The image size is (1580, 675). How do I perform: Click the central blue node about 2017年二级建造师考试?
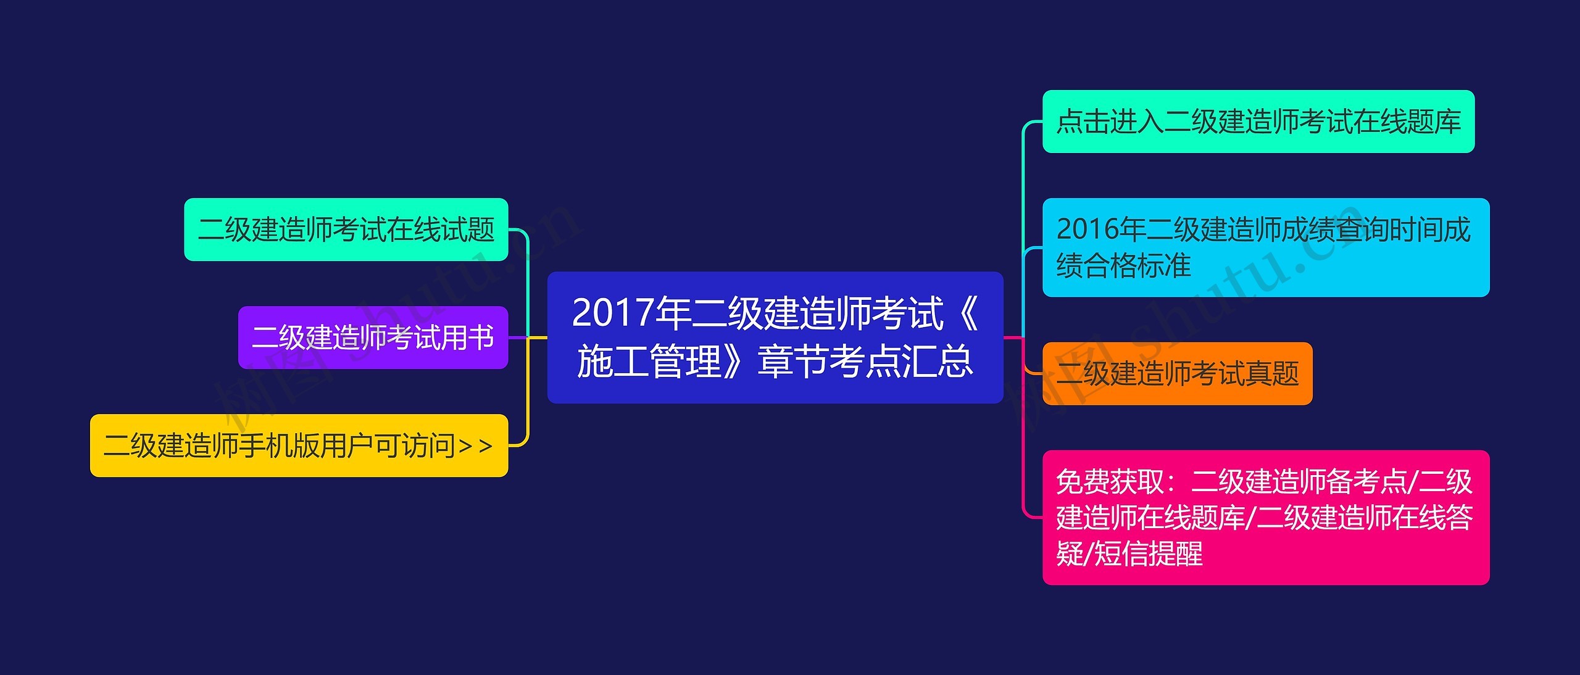(775, 337)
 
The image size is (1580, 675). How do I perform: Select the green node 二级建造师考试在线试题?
(346, 230)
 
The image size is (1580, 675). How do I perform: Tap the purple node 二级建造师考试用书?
(373, 337)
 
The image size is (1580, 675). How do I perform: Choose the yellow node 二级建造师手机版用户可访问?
(299, 445)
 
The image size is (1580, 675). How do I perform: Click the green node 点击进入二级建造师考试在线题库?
(1258, 122)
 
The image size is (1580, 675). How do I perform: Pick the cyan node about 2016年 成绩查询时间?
(1265, 247)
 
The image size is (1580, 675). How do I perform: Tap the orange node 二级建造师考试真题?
(1177, 374)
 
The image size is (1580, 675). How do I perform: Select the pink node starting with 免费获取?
(1265, 518)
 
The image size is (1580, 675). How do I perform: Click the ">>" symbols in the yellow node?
(476, 445)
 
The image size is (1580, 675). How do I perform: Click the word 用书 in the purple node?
(467, 337)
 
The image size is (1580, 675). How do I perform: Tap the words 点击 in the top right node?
(1083, 122)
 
